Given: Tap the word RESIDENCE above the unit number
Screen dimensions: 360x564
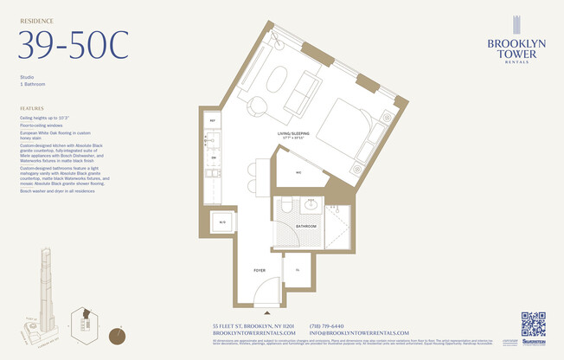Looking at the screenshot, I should (x=36, y=19).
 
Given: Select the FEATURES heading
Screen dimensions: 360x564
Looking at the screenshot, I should (x=32, y=108).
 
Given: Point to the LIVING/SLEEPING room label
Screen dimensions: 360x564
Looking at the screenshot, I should (x=293, y=134).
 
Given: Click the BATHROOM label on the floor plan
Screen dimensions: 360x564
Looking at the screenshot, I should (x=305, y=226).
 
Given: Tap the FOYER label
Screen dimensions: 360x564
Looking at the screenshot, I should (x=259, y=270).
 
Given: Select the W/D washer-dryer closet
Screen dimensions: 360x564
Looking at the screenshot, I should (x=222, y=223).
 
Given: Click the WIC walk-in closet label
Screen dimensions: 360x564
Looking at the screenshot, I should (x=298, y=172).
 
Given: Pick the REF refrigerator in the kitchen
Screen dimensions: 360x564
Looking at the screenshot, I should (x=214, y=121).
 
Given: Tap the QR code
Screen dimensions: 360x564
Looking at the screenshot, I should (x=533, y=325).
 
